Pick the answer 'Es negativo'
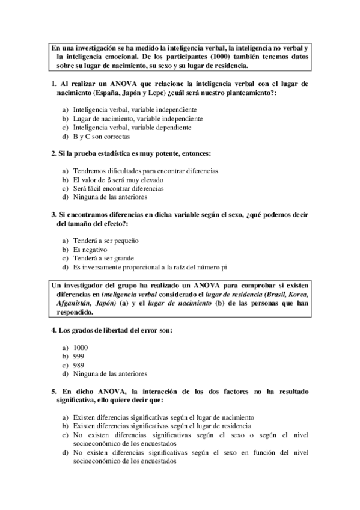[90, 249]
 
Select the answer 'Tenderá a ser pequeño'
[106, 240]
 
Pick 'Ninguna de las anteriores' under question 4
[110, 374]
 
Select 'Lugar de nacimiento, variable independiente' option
[137, 119]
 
